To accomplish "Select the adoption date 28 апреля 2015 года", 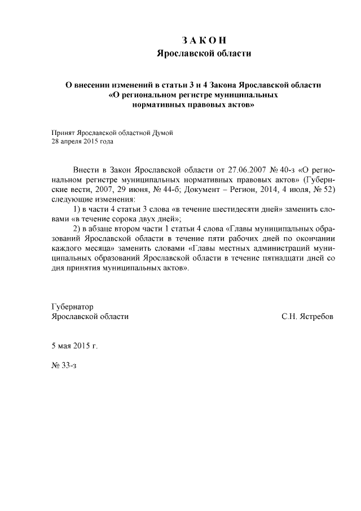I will point(82,142).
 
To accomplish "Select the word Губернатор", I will point(72,307).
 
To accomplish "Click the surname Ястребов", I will point(316,317).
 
